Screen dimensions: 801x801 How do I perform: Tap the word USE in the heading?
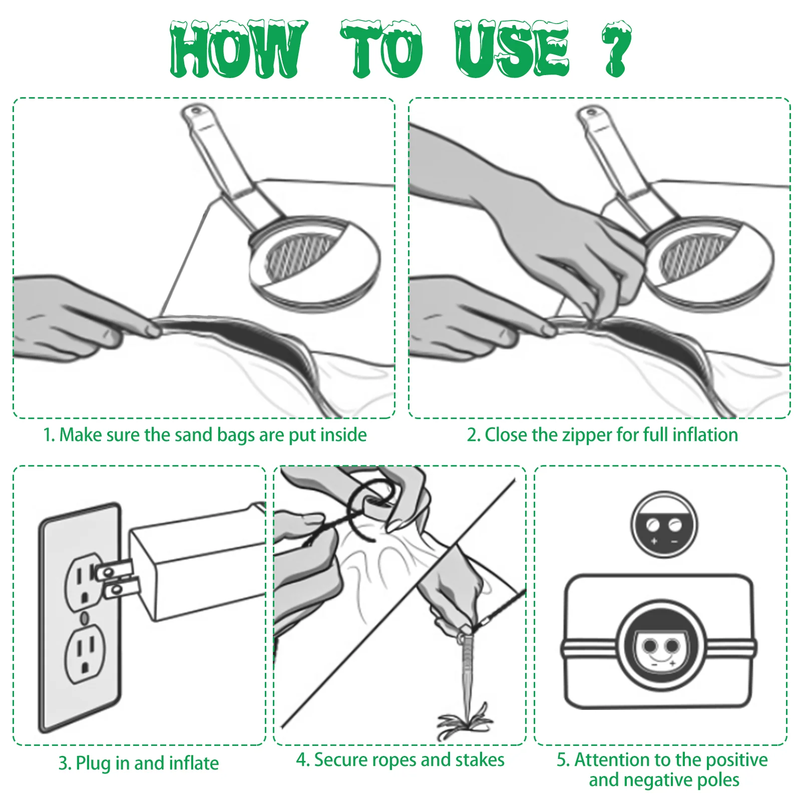[x=512, y=49]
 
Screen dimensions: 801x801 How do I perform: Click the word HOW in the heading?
[x=238, y=49]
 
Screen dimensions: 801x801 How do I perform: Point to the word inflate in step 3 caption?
[x=194, y=763]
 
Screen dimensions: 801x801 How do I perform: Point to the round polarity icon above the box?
[x=664, y=525]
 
